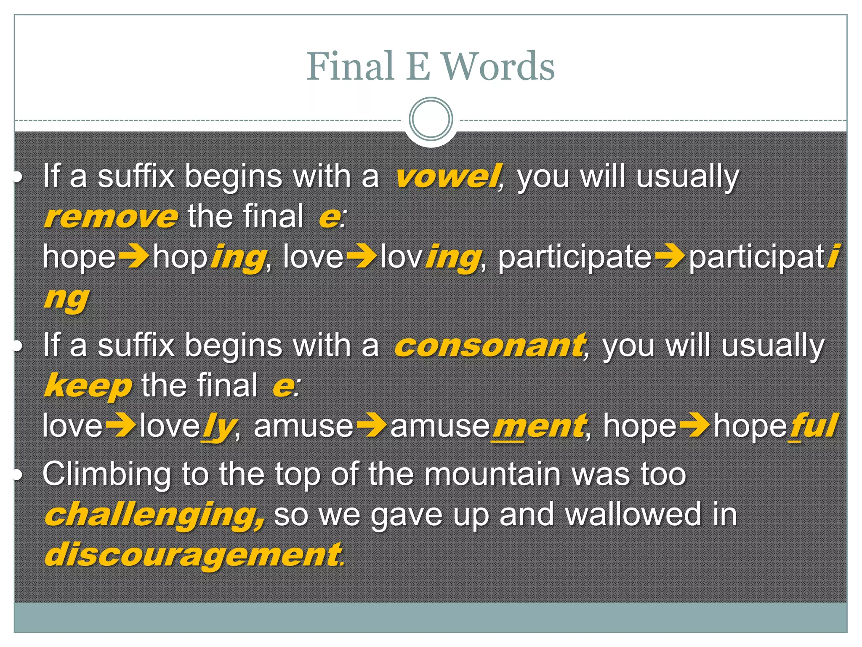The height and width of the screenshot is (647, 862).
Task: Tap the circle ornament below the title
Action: coord(431,119)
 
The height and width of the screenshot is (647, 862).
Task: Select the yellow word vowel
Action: coord(447,176)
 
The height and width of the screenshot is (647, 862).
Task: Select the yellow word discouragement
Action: coord(193,555)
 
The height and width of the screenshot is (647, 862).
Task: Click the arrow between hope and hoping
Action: coord(133,256)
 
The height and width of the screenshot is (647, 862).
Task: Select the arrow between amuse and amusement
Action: coord(371,425)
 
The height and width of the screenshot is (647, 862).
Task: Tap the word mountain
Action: coord(492,474)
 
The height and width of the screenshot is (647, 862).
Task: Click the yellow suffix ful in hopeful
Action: coord(813,426)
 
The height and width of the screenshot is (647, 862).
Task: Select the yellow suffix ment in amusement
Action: coord(538,426)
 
